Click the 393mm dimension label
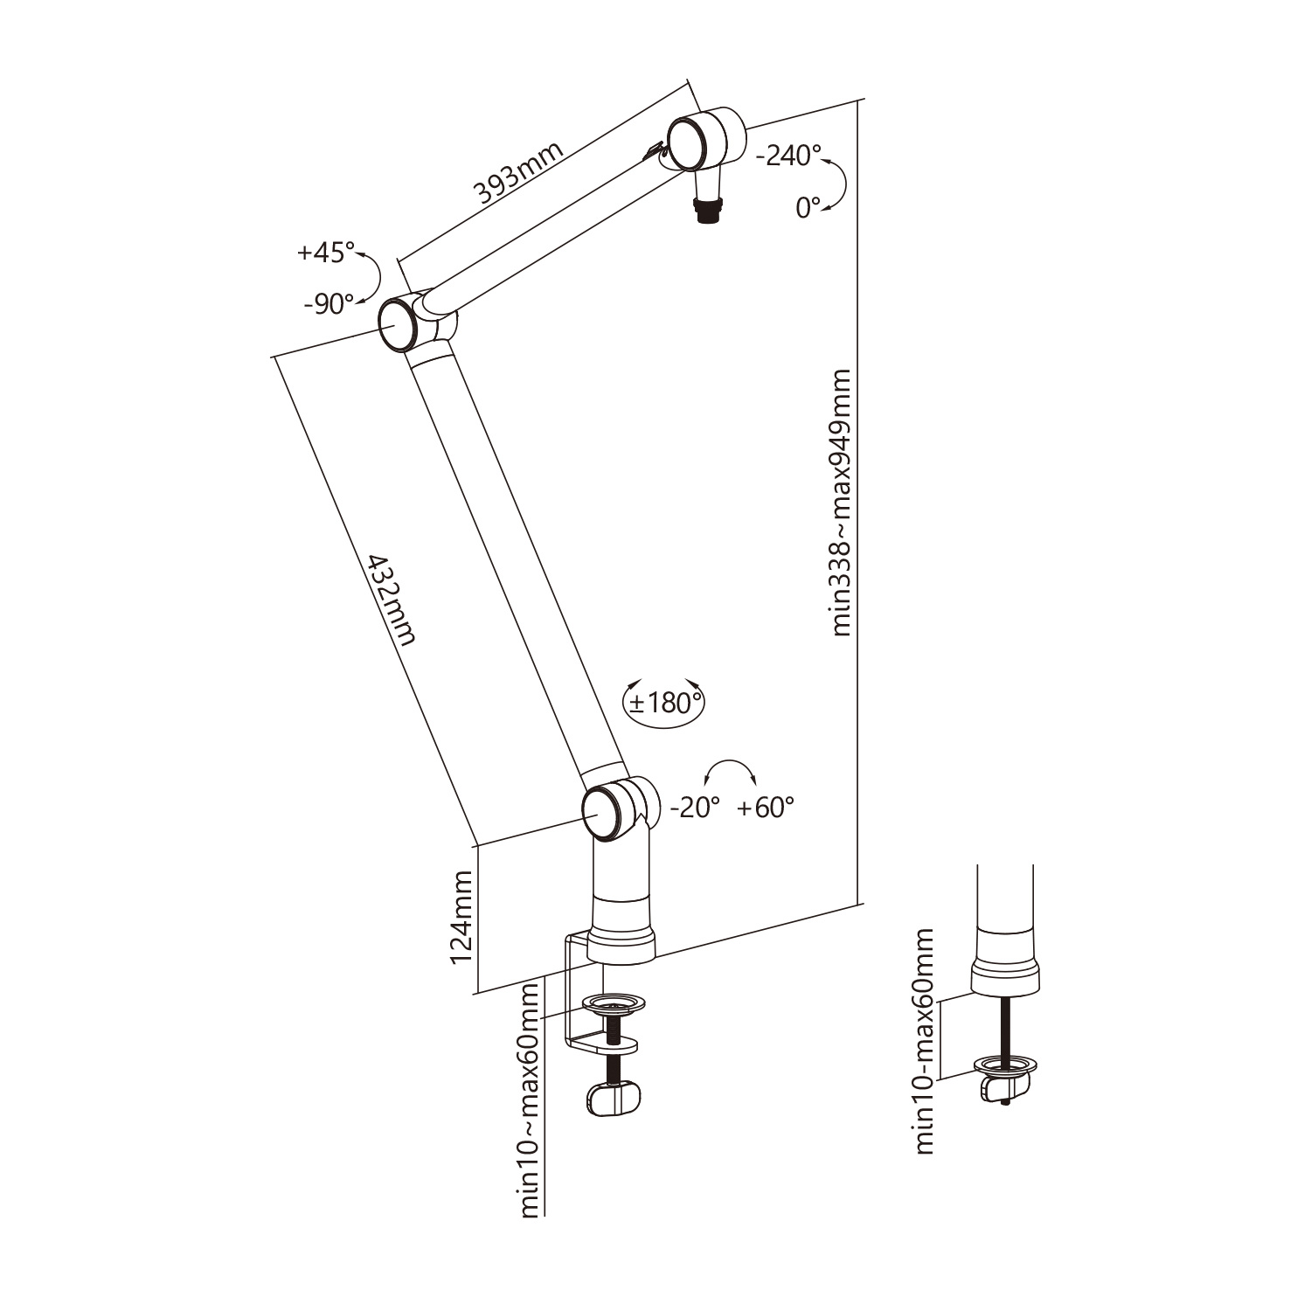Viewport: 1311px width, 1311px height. click(519, 174)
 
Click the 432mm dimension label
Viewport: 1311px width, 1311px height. click(391, 599)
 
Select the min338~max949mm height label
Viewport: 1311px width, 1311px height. click(841, 503)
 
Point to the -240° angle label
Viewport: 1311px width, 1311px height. click(788, 156)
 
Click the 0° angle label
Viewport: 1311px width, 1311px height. click(808, 207)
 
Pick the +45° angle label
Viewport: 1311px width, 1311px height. click(326, 253)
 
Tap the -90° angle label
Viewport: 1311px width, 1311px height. click(329, 304)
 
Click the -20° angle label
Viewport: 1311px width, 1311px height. click(695, 807)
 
